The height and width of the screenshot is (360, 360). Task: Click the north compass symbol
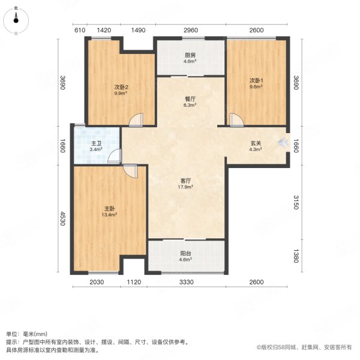[x=16, y=19]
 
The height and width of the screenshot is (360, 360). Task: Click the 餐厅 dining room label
[x=190, y=101]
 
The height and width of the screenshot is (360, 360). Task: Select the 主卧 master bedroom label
[x=109, y=211]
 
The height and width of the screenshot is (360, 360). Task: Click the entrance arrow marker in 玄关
[x=281, y=142]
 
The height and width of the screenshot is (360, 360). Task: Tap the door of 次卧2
[x=137, y=120]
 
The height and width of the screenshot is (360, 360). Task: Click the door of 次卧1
[x=235, y=120]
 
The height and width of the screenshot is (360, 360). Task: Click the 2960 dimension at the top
[x=191, y=30]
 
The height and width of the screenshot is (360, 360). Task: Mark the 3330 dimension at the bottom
[x=186, y=283]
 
